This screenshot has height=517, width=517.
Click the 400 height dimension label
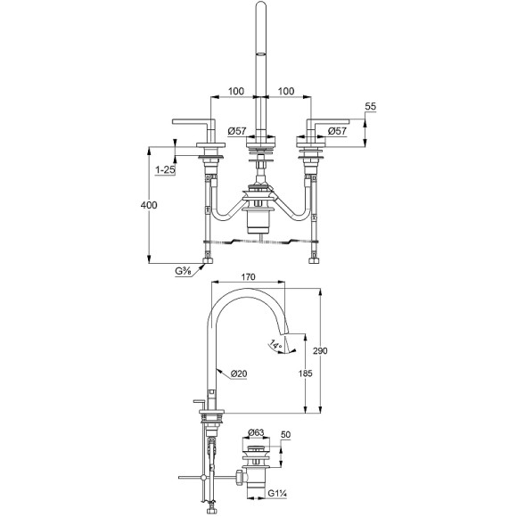click(x=149, y=205)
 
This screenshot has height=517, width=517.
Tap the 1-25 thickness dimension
click(x=163, y=168)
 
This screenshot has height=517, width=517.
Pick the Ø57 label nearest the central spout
click(x=236, y=131)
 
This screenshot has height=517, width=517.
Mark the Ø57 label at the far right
click(x=337, y=131)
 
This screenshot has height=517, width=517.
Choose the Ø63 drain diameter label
click(x=255, y=432)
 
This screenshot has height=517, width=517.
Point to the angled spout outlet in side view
click(x=289, y=341)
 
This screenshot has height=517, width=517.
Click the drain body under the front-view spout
click(x=259, y=217)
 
